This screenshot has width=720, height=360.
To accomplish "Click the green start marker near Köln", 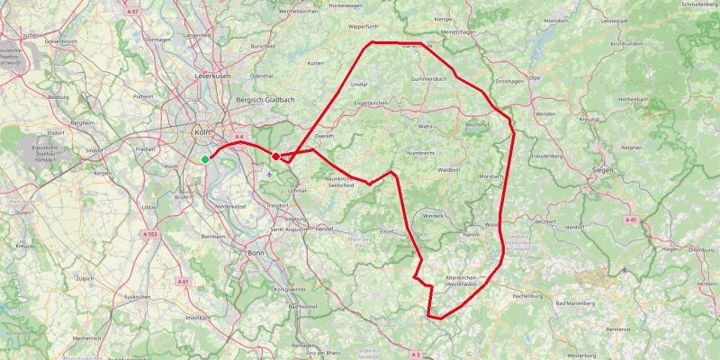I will (205, 159).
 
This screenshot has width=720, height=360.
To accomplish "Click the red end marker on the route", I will (275, 157).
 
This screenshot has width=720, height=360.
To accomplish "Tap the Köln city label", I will (202, 132).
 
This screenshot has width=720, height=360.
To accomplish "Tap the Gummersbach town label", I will (429, 79).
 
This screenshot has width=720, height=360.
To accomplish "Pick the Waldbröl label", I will (449, 169).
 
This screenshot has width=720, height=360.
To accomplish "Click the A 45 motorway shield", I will (630, 219).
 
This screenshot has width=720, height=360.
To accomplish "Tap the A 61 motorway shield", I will (183, 282).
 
